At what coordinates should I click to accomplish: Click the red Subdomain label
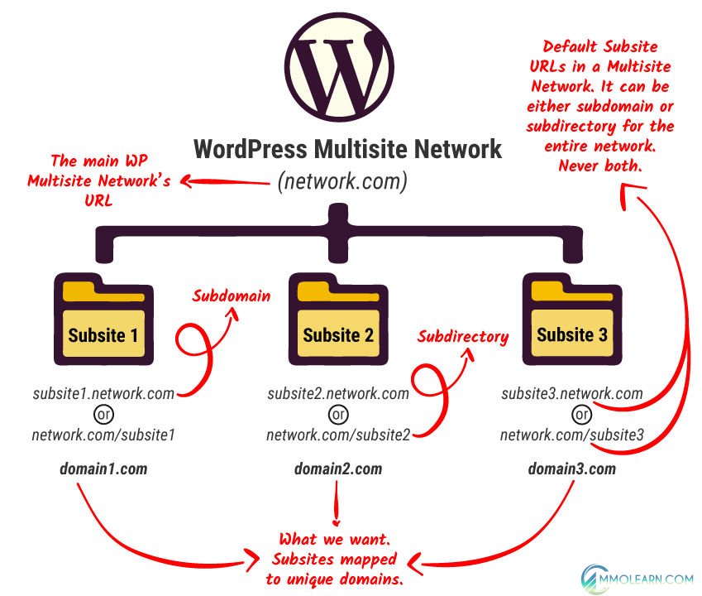coord(232,296)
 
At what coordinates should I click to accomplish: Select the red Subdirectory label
coord(462,337)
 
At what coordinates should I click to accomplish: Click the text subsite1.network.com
coord(103,393)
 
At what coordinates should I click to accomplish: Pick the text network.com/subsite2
coord(337,435)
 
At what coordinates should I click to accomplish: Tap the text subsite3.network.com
coord(571,393)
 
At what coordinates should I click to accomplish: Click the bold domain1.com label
coord(103,469)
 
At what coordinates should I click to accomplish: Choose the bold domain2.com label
coord(337,469)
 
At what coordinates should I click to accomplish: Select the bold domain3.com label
coord(571,469)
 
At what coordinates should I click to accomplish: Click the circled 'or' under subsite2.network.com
coord(337,414)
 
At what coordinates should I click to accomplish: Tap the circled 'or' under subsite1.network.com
coord(103,414)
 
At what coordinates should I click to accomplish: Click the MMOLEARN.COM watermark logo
coord(637,571)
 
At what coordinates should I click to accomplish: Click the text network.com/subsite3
coord(571,435)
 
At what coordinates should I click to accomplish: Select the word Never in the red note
coord(579,165)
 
